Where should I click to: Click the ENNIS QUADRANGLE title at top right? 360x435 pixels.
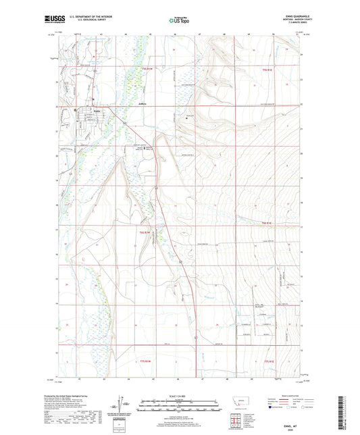click(290, 16)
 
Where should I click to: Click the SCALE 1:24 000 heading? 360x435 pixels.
click(179, 396)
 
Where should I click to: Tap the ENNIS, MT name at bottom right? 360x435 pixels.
click(291, 420)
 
